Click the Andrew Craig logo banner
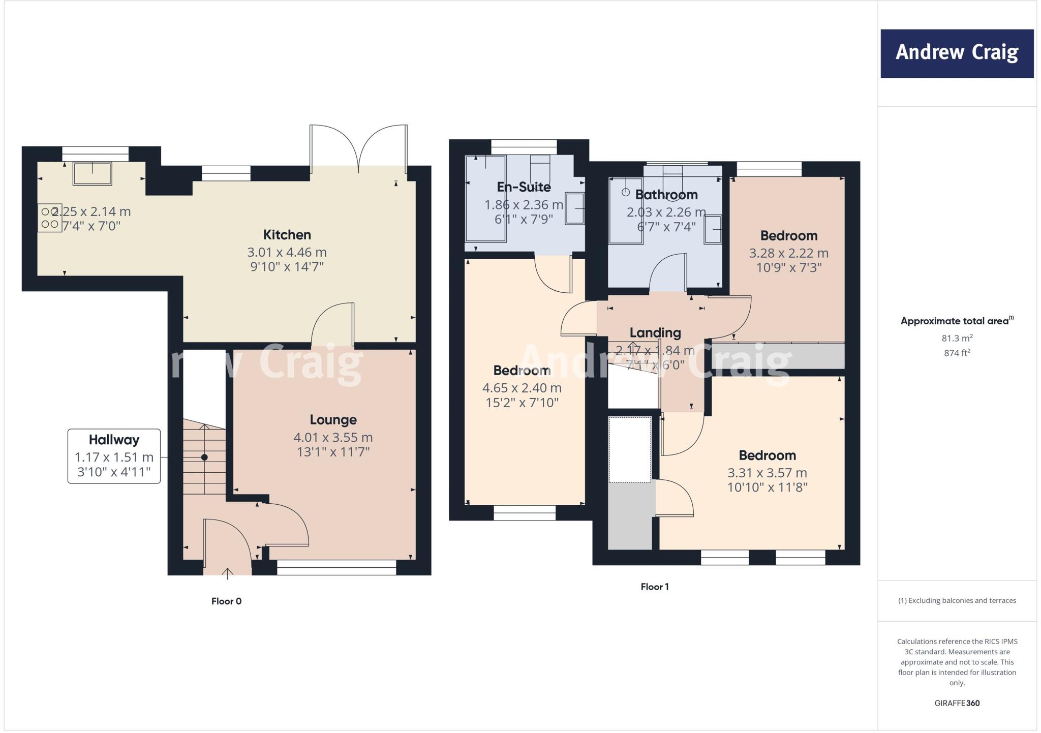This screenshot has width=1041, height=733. (x=957, y=53)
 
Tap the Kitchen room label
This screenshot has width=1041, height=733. (x=287, y=235)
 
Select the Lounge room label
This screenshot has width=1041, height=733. (x=333, y=420)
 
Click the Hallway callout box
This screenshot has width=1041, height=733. (x=114, y=456)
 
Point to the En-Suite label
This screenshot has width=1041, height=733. (x=524, y=187)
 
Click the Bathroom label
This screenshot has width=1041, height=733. (x=666, y=195)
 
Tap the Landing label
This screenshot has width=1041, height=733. (x=655, y=333)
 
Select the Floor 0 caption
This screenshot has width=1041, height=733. (x=226, y=601)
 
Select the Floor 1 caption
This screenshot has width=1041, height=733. (x=654, y=587)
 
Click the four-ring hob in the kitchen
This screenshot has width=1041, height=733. (x=49, y=218)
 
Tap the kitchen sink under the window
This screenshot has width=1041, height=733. (x=92, y=173)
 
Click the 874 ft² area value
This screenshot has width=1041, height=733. (x=957, y=353)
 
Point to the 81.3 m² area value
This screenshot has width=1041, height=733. (x=957, y=338)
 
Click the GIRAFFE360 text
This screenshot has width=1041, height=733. (x=957, y=703)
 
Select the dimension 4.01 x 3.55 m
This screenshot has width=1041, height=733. (x=333, y=437)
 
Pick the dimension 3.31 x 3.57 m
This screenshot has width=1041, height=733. (x=767, y=473)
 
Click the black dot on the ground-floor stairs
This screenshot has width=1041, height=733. (x=204, y=457)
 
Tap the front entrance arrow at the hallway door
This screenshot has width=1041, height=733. (x=227, y=573)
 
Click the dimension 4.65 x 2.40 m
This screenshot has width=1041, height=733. (x=522, y=388)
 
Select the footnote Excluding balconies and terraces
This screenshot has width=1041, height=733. (x=957, y=600)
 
